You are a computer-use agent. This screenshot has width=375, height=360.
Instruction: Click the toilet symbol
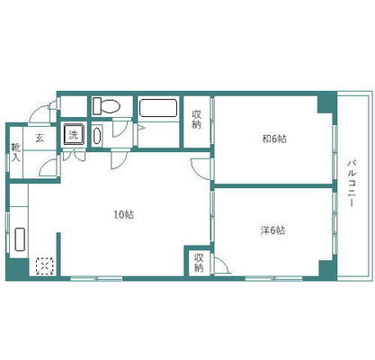coord(106,106)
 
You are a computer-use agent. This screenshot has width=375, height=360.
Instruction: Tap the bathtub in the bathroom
coord(158,108)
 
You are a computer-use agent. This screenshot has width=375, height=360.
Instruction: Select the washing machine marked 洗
coord(73,134)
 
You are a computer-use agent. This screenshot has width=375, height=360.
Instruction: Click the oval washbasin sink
coord(97,136)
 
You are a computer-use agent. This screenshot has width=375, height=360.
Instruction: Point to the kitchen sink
coord(20,239)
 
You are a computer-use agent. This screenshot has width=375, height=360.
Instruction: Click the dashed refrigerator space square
coord(45,265)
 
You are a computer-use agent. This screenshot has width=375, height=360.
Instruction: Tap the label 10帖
coord(123,215)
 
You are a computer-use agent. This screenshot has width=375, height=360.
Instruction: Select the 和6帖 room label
coord(274,139)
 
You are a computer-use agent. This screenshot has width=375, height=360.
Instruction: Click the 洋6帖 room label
coord(272,230)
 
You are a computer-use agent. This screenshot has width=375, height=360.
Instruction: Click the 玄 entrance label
coord(40,138)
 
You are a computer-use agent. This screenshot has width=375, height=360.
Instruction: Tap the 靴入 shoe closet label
coord(15,153)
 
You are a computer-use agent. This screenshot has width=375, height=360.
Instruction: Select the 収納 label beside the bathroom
coord(197,120)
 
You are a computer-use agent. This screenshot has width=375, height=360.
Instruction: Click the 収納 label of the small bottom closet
coord(199,263)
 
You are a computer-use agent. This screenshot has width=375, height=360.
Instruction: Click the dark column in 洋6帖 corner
coord(327,267)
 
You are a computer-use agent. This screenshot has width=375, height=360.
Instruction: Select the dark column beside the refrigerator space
coord(17,269)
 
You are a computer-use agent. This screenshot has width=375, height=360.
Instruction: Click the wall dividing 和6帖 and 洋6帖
coord(272,186)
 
